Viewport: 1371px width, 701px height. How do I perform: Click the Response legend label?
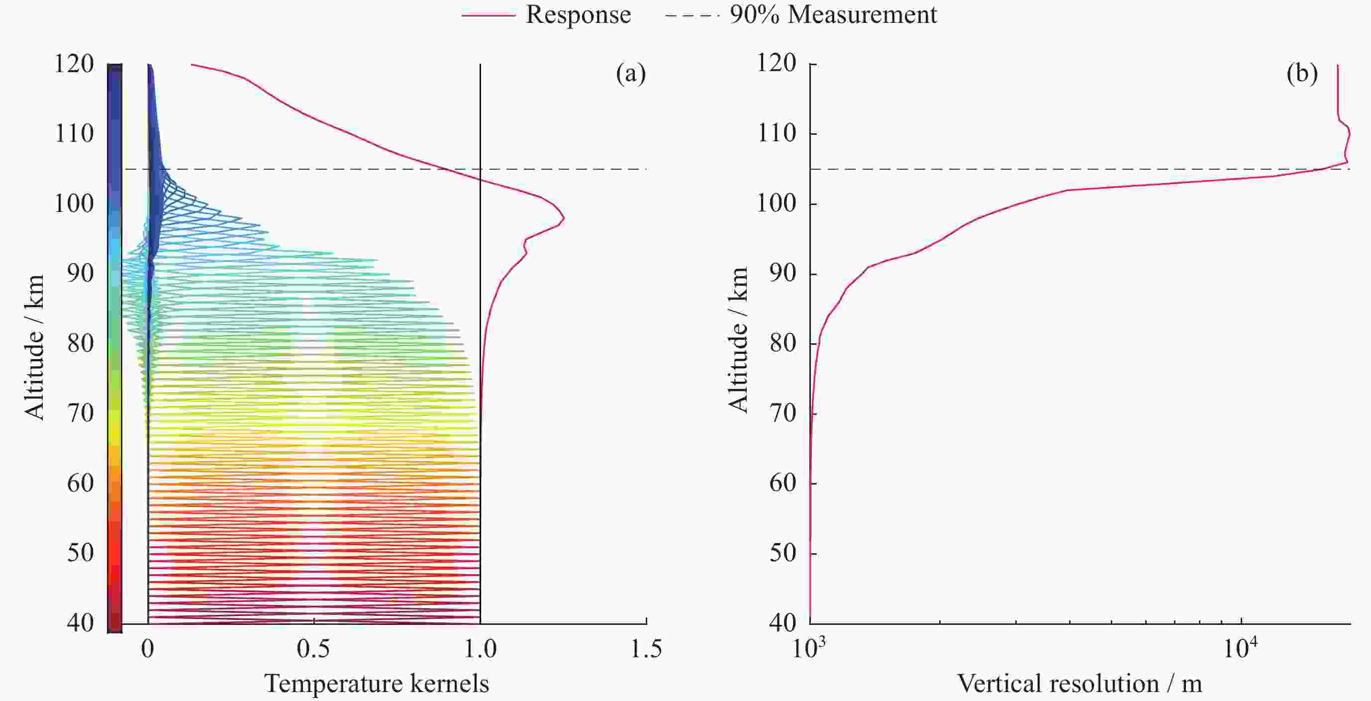[x=578, y=14]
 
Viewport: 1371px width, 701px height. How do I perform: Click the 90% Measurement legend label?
[x=833, y=14]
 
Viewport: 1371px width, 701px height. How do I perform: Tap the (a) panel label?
[x=631, y=74]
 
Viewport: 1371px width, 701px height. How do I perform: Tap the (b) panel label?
[x=1302, y=74]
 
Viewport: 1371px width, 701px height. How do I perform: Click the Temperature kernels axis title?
[x=376, y=684]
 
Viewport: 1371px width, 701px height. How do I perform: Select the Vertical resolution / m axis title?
[x=1079, y=684]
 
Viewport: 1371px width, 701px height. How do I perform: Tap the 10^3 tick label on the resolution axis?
[x=809, y=649]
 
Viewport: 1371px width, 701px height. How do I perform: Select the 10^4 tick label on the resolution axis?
[x=1240, y=649]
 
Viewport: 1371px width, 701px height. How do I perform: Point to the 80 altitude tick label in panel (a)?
[x=81, y=343]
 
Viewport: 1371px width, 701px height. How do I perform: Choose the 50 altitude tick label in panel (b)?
[x=783, y=553]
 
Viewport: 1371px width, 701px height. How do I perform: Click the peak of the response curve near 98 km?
[x=564, y=218]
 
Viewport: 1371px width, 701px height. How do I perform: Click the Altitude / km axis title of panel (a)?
[x=34, y=347]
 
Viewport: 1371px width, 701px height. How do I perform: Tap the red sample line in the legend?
[x=488, y=15]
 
